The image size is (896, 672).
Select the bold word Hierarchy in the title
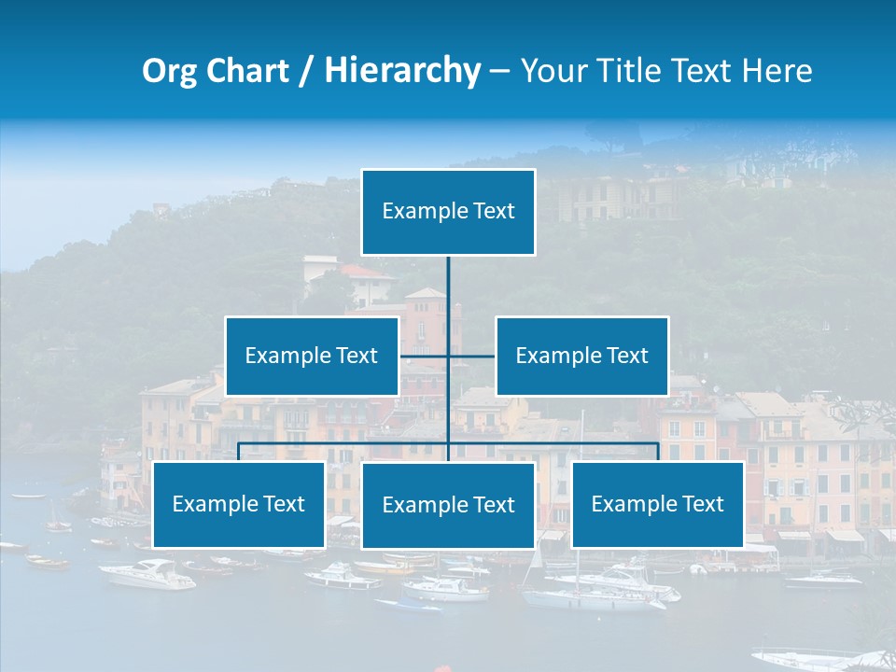tap(402, 71)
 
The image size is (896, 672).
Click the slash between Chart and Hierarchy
tap(306, 72)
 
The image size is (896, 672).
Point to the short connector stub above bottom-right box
tap(658, 453)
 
